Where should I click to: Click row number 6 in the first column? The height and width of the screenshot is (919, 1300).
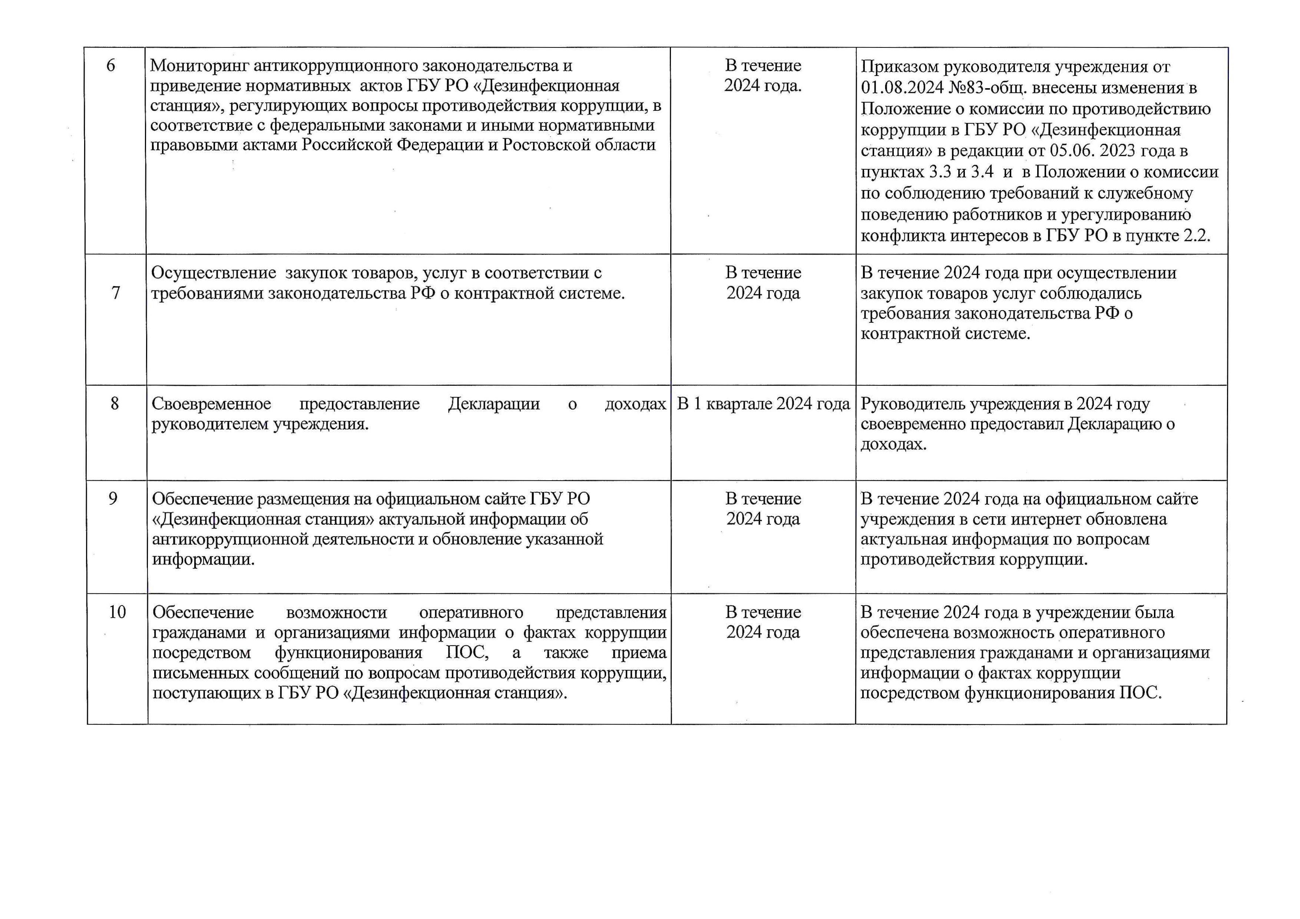click(x=110, y=66)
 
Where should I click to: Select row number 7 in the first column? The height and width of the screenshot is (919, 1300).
click(x=116, y=293)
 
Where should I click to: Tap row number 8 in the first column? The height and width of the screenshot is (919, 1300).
click(x=115, y=404)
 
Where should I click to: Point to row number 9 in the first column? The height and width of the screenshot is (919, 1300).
click(x=113, y=498)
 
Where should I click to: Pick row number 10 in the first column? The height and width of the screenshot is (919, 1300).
click(x=117, y=612)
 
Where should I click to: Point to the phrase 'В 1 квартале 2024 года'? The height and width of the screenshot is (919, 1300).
click(x=763, y=404)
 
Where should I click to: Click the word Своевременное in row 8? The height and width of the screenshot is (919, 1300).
click(x=211, y=404)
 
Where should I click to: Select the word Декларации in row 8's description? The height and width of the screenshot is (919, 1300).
click(x=494, y=404)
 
